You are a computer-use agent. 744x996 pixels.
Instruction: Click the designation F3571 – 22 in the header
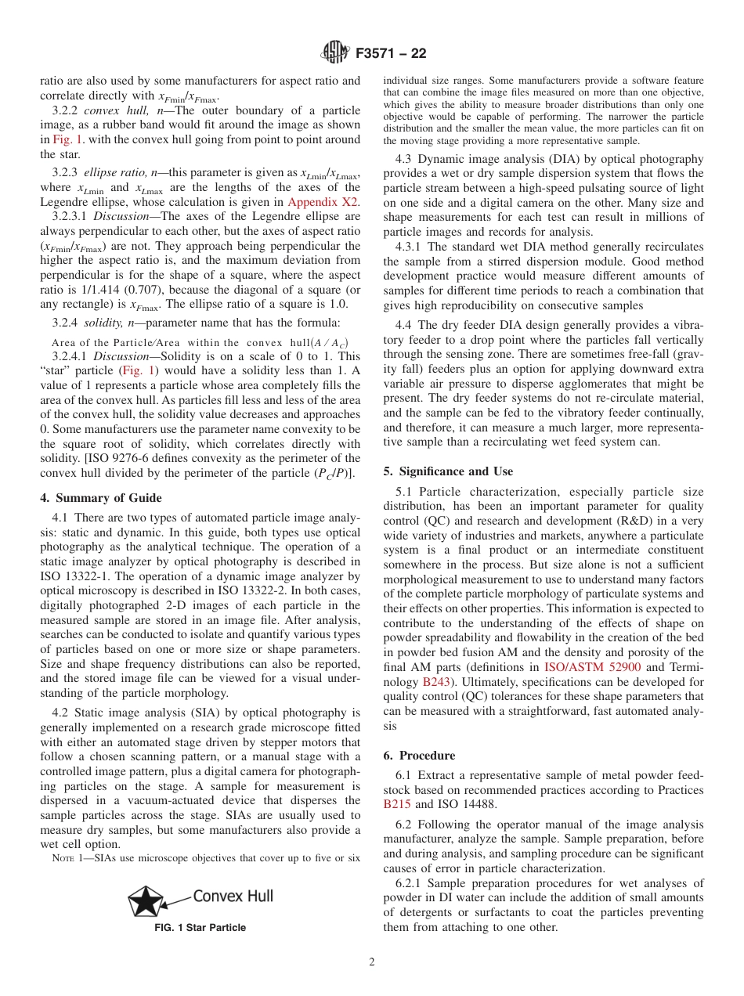391,54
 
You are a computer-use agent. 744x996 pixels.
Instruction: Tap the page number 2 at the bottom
372,962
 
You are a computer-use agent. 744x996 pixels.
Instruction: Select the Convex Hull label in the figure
233,896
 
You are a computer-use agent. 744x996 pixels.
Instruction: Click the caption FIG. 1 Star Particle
200,928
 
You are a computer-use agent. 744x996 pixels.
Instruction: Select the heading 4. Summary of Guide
101,498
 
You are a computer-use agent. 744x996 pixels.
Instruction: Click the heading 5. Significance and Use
448,471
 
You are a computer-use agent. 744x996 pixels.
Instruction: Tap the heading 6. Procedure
419,756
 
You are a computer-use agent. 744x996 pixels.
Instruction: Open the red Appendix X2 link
324,201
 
